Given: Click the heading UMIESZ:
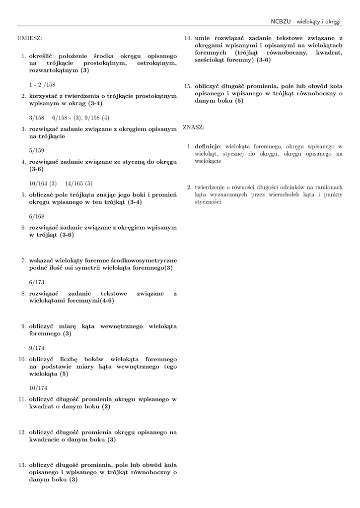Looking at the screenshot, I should coord(29,38).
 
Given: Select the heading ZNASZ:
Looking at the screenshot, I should coord(193,127).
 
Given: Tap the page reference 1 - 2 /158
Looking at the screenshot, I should coord(42,85).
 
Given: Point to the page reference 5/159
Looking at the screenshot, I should coord(37,150).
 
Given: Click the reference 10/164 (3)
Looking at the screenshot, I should coord(43,183).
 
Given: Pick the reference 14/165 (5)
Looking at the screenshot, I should coord(78,183).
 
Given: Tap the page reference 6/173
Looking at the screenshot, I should coord(37,282).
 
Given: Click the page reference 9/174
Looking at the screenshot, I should coord(37,347).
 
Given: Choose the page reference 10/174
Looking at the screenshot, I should coord(38,387).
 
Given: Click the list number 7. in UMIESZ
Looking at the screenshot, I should coord(23,260).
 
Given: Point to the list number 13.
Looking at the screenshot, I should coord(22,465).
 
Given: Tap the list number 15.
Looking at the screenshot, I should coord(188,85).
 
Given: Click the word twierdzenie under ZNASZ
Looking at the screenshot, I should coord(211,188).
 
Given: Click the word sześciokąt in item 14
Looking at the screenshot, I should coord(213,60).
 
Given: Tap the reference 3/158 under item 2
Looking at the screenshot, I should coord(37,118).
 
